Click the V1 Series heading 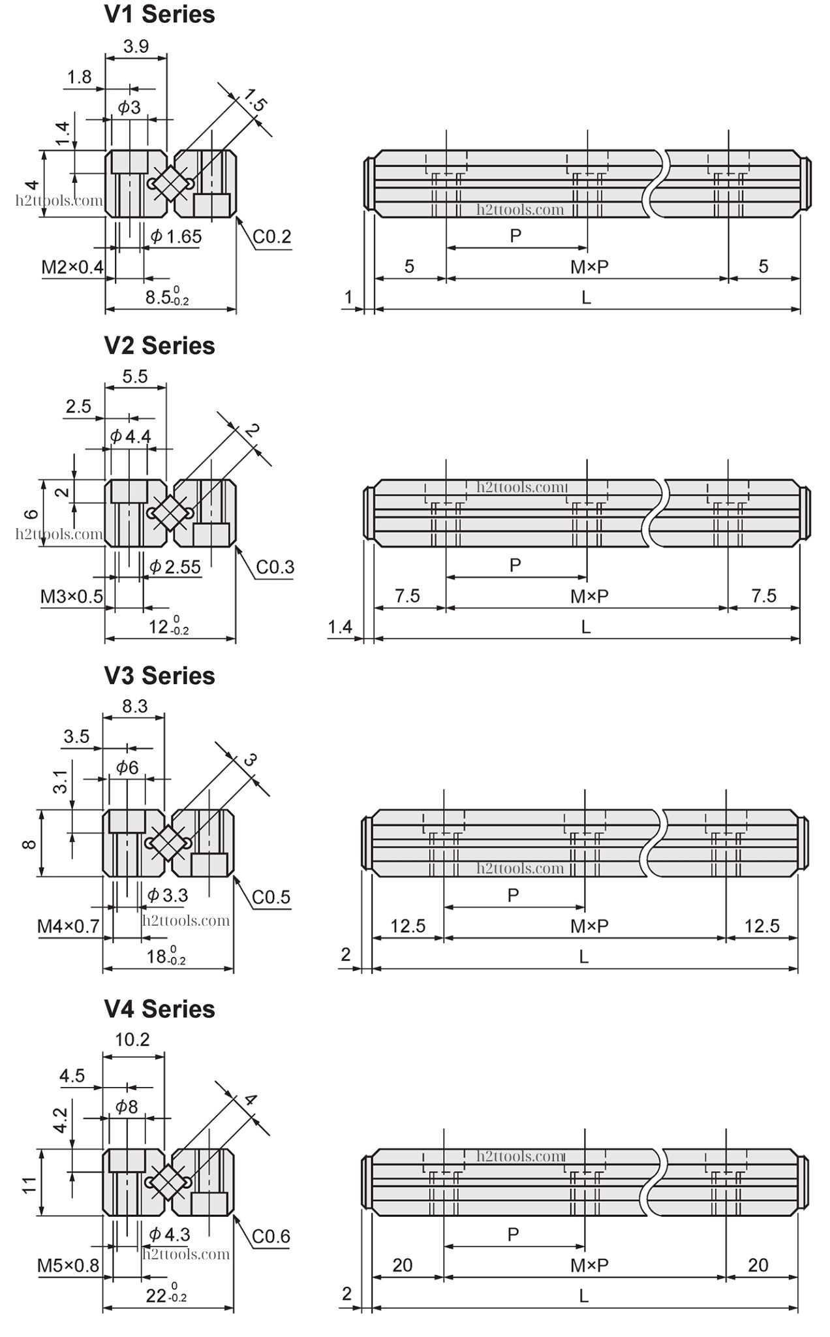coord(159,14)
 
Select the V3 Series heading coord(159,676)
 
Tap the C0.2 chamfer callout coord(271,236)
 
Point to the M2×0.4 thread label coord(72,267)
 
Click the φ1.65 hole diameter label coord(176,236)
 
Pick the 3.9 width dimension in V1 coord(136,46)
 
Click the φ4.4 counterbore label coord(131,436)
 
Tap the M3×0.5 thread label coord(72,597)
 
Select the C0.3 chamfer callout coord(275,567)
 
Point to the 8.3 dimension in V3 coord(134,706)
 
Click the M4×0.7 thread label coord(69,926)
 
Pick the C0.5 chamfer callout coord(271,897)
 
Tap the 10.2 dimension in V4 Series coord(132,1039)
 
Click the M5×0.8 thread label coord(69,1266)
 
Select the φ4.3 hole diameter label coord(170,1234)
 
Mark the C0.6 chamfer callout coord(271,1236)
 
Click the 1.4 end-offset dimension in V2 coord(340,627)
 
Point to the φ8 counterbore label coord(127,1107)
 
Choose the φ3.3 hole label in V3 coord(168,895)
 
